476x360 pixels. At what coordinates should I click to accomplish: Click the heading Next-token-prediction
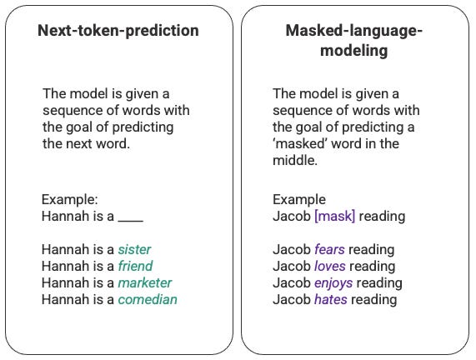click(x=118, y=32)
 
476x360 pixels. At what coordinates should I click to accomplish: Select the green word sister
click(x=135, y=250)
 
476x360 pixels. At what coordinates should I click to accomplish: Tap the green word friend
click(x=136, y=267)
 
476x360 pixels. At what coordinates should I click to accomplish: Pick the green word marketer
click(x=145, y=283)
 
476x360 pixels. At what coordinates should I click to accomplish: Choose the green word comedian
click(x=148, y=300)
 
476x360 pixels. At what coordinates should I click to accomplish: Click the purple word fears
click(x=329, y=250)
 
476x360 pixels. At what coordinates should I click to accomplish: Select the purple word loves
click(x=330, y=267)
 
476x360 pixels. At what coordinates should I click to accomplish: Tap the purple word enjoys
click(x=334, y=283)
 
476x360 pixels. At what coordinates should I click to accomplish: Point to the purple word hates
click(x=331, y=300)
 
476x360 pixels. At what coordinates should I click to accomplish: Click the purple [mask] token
click(x=334, y=217)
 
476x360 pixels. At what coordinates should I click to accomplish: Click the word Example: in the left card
click(x=70, y=200)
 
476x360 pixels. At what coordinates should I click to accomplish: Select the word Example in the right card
click(x=299, y=200)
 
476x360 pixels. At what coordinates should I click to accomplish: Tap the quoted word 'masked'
click(x=298, y=143)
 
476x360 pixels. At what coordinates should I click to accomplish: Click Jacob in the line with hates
click(x=292, y=300)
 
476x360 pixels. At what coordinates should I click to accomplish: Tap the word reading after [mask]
click(x=382, y=217)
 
